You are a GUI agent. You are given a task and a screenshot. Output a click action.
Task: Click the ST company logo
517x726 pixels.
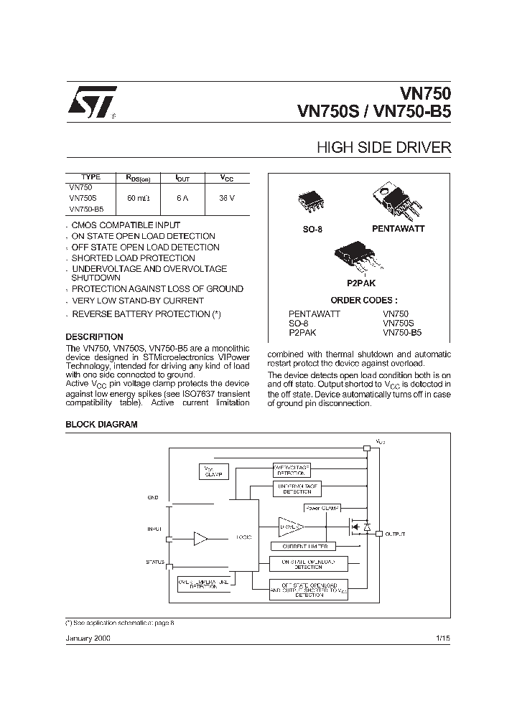pyautogui.click(x=90, y=105)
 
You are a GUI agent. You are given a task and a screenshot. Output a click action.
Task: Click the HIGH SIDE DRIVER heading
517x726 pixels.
pyautogui.click(x=383, y=148)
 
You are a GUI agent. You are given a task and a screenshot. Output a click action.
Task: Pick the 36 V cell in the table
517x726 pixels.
pyautogui.click(x=227, y=197)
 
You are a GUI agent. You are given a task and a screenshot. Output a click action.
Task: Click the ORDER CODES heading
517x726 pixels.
pyautogui.click(x=363, y=301)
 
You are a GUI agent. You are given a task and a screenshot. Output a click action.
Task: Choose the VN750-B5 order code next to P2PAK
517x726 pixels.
pyautogui.click(x=402, y=333)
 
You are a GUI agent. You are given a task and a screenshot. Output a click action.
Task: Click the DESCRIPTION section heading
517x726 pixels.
pyautogui.click(x=94, y=336)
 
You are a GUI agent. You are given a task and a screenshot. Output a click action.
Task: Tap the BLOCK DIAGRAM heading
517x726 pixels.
pyautogui.click(x=101, y=424)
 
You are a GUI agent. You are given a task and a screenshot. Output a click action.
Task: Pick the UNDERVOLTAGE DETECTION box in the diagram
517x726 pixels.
pyautogui.click(x=297, y=489)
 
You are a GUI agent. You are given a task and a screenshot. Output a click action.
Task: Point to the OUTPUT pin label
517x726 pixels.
pyautogui.click(x=395, y=534)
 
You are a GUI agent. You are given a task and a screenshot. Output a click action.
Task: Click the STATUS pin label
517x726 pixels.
pyautogui.click(x=154, y=562)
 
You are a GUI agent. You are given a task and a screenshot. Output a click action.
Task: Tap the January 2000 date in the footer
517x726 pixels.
pyautogui.click(x=88, y=637)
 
